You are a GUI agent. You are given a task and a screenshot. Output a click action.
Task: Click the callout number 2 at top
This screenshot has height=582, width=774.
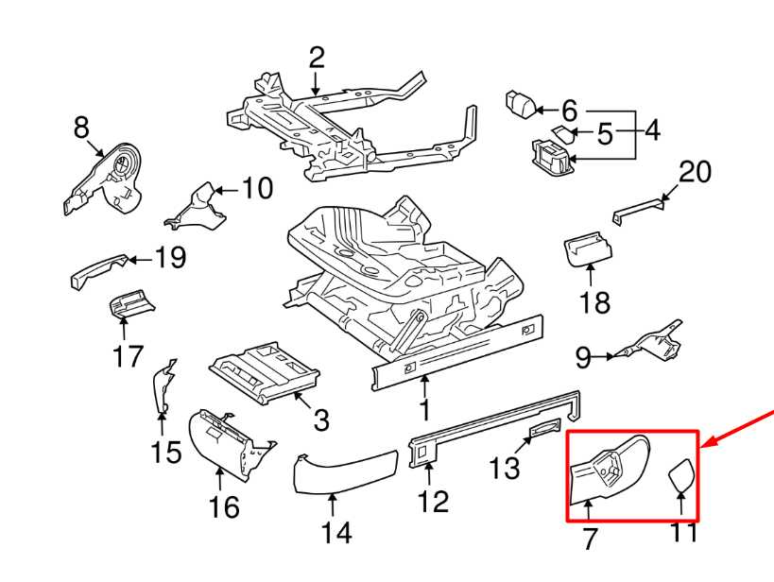316,59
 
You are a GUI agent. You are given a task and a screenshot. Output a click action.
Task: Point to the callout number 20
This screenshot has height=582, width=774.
695,172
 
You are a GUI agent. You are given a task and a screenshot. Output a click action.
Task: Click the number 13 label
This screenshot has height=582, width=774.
506,467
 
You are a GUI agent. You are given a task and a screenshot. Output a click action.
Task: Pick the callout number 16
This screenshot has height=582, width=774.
224,507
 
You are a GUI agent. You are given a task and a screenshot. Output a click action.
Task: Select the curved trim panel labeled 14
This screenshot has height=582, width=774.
340,472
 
